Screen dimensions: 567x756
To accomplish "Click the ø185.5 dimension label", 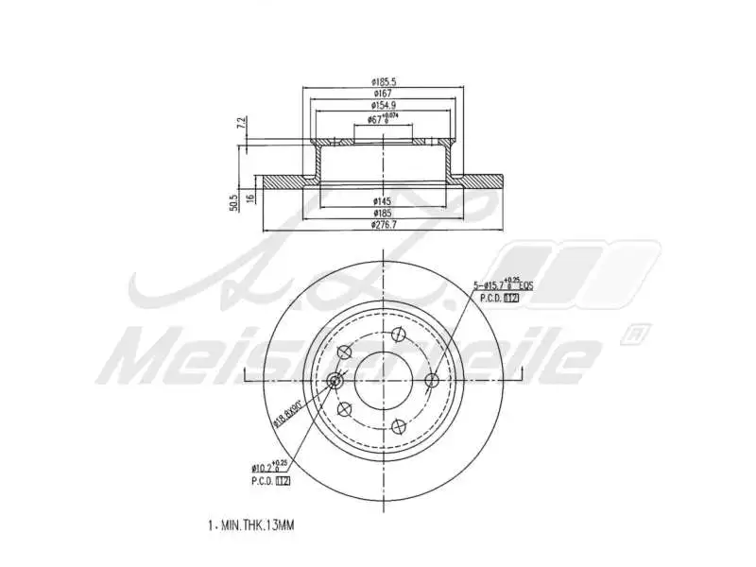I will pos(383,82).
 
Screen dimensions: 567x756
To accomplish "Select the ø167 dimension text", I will pos(383,94).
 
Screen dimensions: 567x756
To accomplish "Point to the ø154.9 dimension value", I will pos(383,106).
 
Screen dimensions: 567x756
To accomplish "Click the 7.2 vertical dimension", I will pos(241,123).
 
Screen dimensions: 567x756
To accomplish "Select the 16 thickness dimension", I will pos(250,197).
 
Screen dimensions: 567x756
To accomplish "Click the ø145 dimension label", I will pos(383,201).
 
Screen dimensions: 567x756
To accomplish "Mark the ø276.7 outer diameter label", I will pos(383,226).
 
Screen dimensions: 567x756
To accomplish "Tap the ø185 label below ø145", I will pos(383,214).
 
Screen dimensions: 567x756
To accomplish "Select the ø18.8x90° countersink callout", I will pos(287,413).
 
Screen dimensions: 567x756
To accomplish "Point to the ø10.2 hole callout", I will pos(269,467).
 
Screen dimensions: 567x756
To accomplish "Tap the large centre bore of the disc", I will pos(383,380).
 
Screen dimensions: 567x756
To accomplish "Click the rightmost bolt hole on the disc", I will pos(433,380).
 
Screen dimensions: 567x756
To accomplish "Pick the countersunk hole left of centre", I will pos(334,380).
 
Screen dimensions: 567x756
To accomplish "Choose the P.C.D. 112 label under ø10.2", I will pos(269,481).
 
